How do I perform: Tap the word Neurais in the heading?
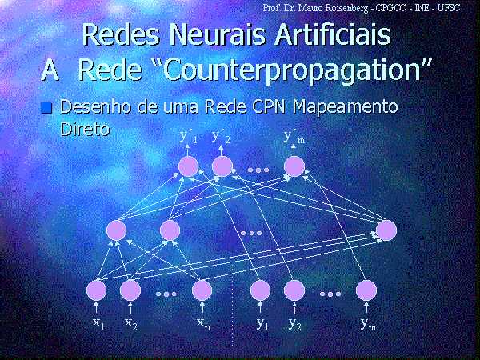click(x=218, y=34)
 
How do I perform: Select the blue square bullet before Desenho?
click(x=46, y=108)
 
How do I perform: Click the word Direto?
click(x=85, y=129)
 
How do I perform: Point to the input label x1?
click(x=99, y=323)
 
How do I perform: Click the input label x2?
click(x=131, y=323)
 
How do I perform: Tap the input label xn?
click(x=203, y=323)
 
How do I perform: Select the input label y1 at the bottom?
click(x=262, y=324)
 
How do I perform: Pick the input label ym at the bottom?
click(x=368, y=324)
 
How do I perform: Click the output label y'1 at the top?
click(x=188, y=137)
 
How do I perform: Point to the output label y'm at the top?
click(x=294, y=137)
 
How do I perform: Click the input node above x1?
click(x=97, y=290)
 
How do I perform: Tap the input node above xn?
click(x=202, y=290)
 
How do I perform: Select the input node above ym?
click(x=366, y=290)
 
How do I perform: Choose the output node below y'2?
click(x=222, y=166)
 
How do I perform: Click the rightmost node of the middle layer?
click(x=386, y=230)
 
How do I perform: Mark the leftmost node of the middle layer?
click(x=116, y=230)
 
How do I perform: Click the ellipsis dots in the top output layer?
click(x=258, y=170)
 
